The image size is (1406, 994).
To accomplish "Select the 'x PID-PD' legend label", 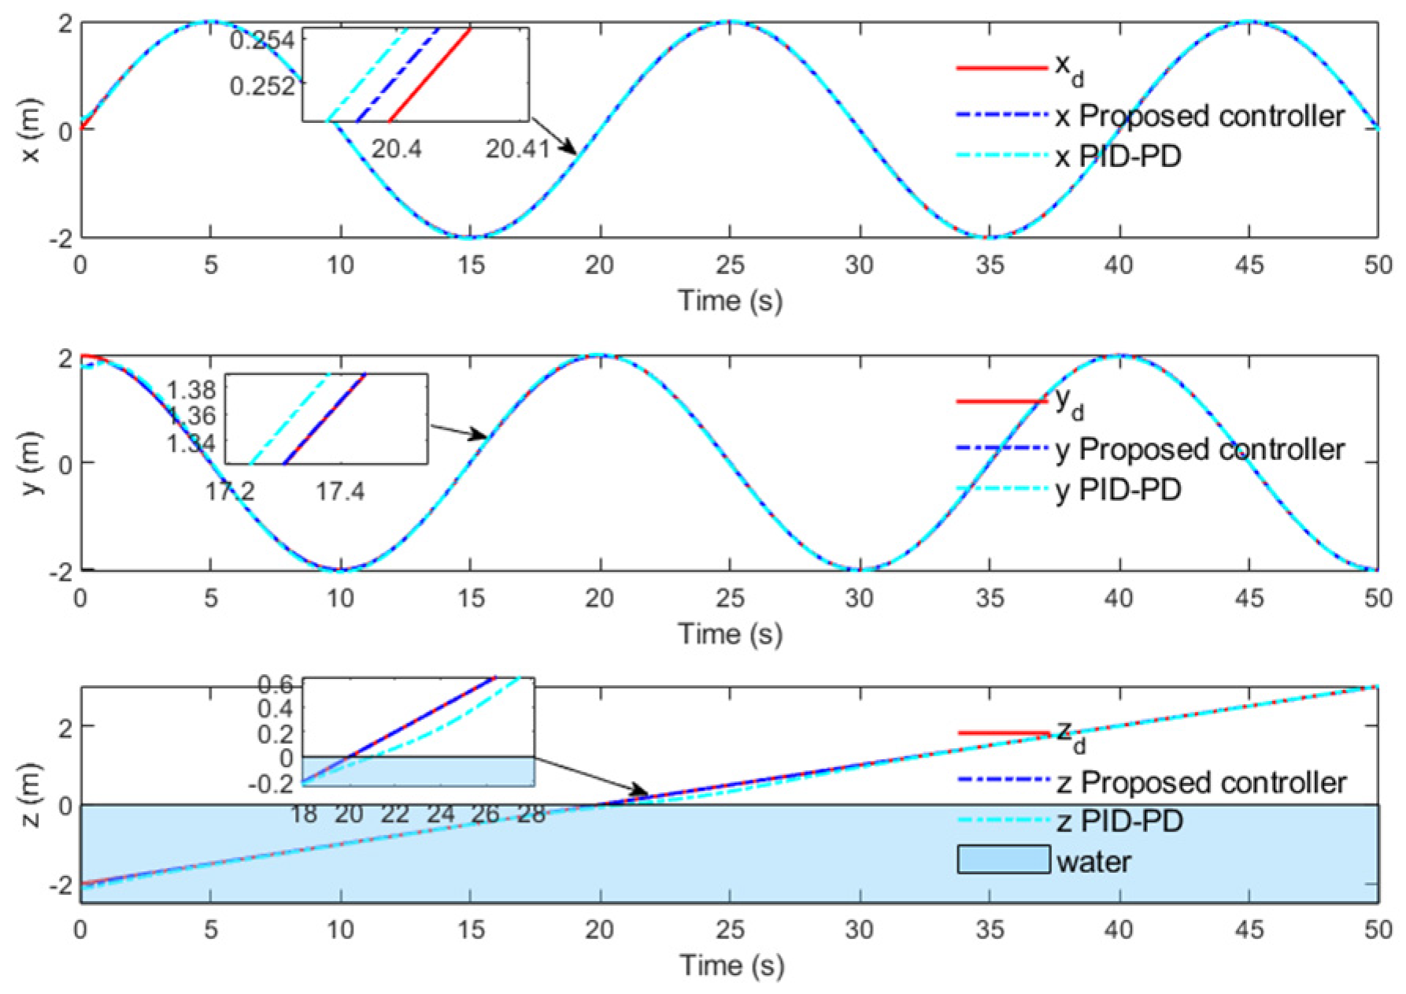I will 1118,158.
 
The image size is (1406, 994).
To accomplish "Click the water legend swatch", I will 1004,860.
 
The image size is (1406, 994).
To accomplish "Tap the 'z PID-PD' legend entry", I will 1119,822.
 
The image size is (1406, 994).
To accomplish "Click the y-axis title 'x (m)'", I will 31,131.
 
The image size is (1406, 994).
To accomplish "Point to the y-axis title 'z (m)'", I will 31,796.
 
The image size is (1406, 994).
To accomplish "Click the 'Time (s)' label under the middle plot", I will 731,634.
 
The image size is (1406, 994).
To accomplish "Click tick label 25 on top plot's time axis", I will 731,265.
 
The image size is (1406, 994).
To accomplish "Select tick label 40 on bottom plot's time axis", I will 1119,930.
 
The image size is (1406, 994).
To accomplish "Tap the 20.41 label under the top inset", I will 517,148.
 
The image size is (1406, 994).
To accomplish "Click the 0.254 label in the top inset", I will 263,40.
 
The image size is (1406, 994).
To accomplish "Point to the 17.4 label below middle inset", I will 340,493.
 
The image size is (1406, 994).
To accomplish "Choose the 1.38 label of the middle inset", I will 191,389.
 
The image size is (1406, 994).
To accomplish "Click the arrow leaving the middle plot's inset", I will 459,431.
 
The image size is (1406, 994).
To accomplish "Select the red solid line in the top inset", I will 431,75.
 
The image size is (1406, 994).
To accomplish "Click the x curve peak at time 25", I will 731,22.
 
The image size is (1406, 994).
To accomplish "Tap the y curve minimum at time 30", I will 860,569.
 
